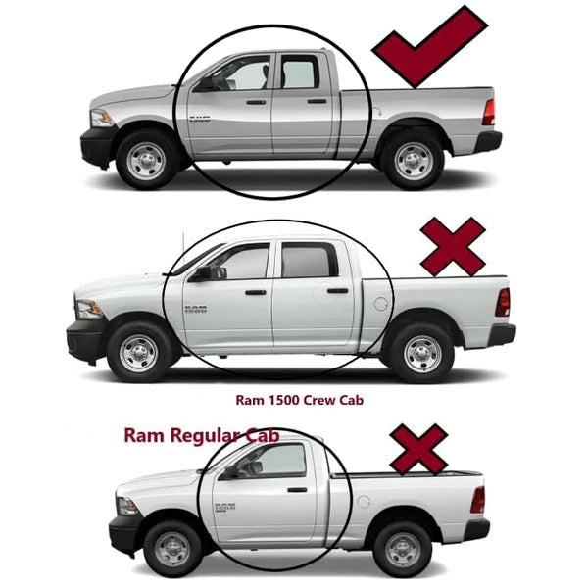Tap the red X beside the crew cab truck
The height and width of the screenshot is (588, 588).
pos(453,247)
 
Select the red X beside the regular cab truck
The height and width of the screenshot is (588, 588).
pos(418,450)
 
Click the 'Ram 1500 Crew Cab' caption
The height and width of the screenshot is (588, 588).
pos(299,400)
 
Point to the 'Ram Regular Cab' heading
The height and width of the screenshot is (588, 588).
pos(202,435)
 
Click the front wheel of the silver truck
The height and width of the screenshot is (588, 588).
pos(146,161)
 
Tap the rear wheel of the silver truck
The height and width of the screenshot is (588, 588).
pos(414,161)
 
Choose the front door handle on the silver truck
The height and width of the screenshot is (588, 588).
pos(256,102)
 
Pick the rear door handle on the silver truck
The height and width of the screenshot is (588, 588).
pos(317,101)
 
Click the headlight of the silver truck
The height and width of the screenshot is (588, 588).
pos(101,119)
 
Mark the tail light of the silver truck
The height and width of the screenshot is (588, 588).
pos(489,112)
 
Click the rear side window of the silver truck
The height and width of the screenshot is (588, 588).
pos(299,72)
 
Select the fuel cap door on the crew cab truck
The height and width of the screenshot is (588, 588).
pos(380,304)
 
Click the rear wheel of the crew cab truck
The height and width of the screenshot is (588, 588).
pos(422,354)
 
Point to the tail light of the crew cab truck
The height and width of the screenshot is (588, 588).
pos(503,302)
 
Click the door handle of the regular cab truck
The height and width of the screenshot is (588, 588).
pos(297,490)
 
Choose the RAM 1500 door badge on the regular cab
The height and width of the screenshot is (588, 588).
pos(225,507)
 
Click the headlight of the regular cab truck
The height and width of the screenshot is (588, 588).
pos(126,507)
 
